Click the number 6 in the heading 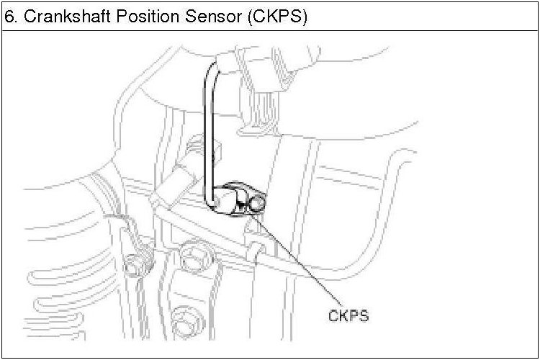pyautogui.click(x=9, y=17)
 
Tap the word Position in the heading pyautogui.click(x=137, y=17)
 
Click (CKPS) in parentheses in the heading pyautogui.click(x=276, y=17)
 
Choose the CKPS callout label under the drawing pyautogui.click(x=348, y=315)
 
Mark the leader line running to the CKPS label pyautogui.click(x=302, y=259)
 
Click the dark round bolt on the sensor pyautogui.click(x=257, y=204)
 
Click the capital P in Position pyautogui.click(x=117, y=17)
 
